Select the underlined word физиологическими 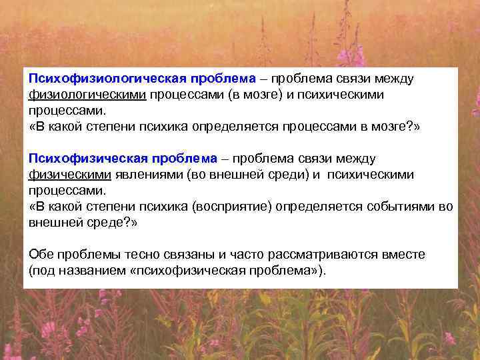87,94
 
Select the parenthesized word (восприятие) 231,206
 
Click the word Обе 40,255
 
